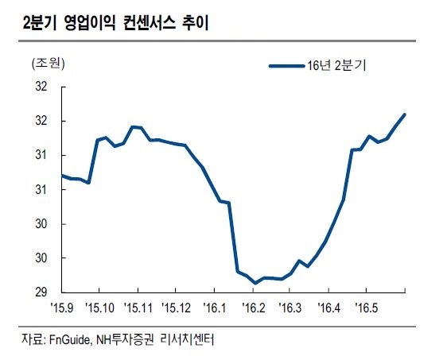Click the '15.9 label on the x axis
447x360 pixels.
pos(62,308)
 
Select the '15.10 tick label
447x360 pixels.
pos(100,308)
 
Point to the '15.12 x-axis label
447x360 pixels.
pos(177,308)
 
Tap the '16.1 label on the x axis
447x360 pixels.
pos(215,308)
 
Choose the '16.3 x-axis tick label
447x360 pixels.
pos(290,308)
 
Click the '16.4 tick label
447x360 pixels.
pos(329,308)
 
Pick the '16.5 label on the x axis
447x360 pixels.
pos(367,308)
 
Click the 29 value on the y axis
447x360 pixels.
pos(41,292)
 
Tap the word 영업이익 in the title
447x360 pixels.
pos(90,23)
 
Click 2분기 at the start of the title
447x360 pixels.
pos(41,23)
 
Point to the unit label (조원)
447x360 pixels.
pos(49,64)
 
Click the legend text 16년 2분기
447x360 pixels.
pos(336,66)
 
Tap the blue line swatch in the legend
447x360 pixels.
pos(286,67)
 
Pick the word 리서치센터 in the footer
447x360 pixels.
pos(187,340)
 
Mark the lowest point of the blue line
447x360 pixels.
pos(255,283)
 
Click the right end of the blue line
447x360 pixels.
pos(405,114)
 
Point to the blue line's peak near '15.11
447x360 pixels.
pos(132,126)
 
